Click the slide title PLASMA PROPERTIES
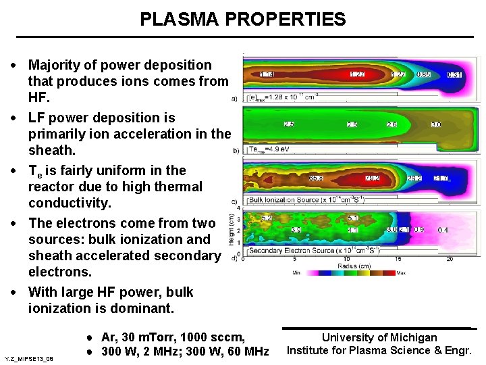(242, 20)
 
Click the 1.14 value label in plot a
(267, 74)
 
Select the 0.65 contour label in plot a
(424, 74)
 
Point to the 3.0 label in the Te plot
(436, 125)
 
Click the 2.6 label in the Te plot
(391, 125)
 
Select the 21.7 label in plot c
(441, 178)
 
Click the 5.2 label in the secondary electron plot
(267, 218)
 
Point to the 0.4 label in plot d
(443, 230)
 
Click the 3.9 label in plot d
(296, 230)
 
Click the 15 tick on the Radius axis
(397, 260)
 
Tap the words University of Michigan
(379, 337)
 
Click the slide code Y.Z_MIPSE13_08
(28, 358)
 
